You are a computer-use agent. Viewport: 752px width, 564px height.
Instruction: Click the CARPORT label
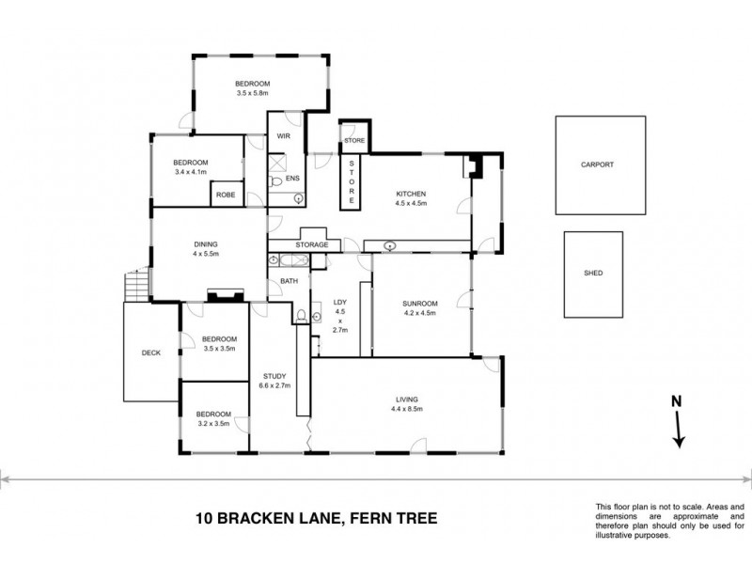pyautogui.click(x=597, y=164)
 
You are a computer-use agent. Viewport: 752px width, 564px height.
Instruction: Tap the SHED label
pyautogui.click(x=593, y=274)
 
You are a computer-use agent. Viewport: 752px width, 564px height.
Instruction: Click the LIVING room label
pyautogui.click(x=407, y=399)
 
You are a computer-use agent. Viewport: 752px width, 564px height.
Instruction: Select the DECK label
pyautogui.click(x=151, y=353)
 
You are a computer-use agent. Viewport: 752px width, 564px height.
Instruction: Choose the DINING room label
pyautogui.click(x=205, y=243)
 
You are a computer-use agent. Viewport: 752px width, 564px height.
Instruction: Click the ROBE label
pyautogui.click(x=226, y=195)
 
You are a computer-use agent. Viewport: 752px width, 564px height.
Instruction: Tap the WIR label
pyautogui.click(x=283, y=136)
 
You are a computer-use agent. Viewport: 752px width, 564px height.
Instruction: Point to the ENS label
pyautogui.click(x=292, y=178)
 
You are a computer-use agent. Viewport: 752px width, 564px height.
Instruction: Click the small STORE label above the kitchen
pyautogui.click(x=353, y=140)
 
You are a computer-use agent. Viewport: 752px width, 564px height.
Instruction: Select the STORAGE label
pyautogui.click(x=312, y=245)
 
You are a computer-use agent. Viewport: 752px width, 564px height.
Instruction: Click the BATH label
pyautogui.click(x=289, y=280)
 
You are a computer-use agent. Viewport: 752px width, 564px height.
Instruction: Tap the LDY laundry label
pyautogui.click(x=340, y=302)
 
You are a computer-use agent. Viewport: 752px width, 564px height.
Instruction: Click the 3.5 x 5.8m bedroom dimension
pyautogui.click(x=252, y=93)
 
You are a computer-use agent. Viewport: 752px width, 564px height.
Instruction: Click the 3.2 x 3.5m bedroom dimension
pyautogui.click(x=213, y=424)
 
